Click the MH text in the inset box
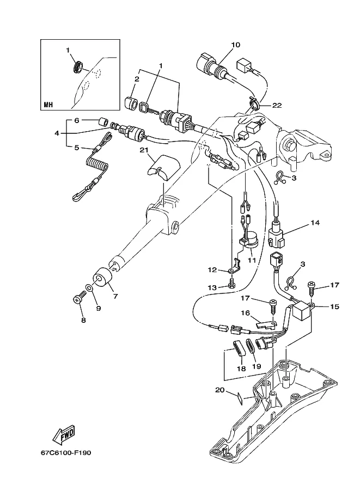(x=48, y=105)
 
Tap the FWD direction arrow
(x=64, y=433)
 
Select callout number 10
(x=236, y=45)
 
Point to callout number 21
(x=144, y=150)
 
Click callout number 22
(x=277, y=105)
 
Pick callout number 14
(x=315, y=223)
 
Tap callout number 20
(x=220, y=390)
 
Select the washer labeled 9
(x=89, y=287)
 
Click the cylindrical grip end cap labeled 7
(x=102, y=278)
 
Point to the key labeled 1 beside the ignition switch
(x=148, y=108)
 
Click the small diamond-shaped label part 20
(x=241, y=398)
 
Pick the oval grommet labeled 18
(x=239, y=349)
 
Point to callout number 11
(x=252, y=260)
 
